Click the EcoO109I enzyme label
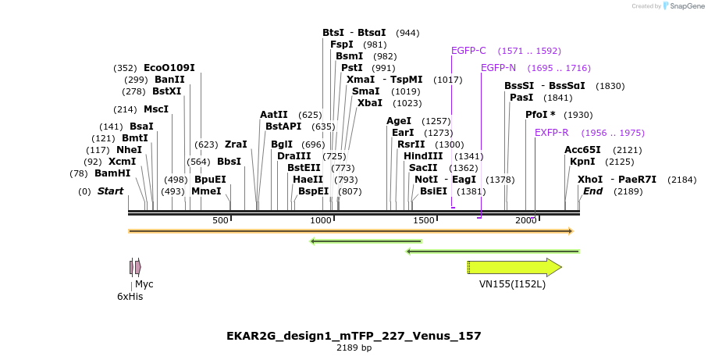[x=169, y=68]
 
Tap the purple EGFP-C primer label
[x=468, y=51]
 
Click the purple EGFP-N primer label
[x=498, y=68]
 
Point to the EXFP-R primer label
[x=551, y=133]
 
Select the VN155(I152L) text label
[x=512, y=284]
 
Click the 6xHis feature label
[x=130, y=297]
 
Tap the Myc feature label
[x=144, y=284]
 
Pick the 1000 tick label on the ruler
[x=322, y=221]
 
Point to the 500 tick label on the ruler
[x=220, y=221]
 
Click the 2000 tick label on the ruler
[x=525, y=221]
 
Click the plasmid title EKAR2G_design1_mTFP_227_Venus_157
[x=354, y=336]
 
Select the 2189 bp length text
[x=354, y=348]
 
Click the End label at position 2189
[x=592, y=191]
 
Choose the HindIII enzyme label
[x=423, y=156]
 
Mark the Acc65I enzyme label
[x=582, y=150]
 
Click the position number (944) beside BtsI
[x=407, y=33]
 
